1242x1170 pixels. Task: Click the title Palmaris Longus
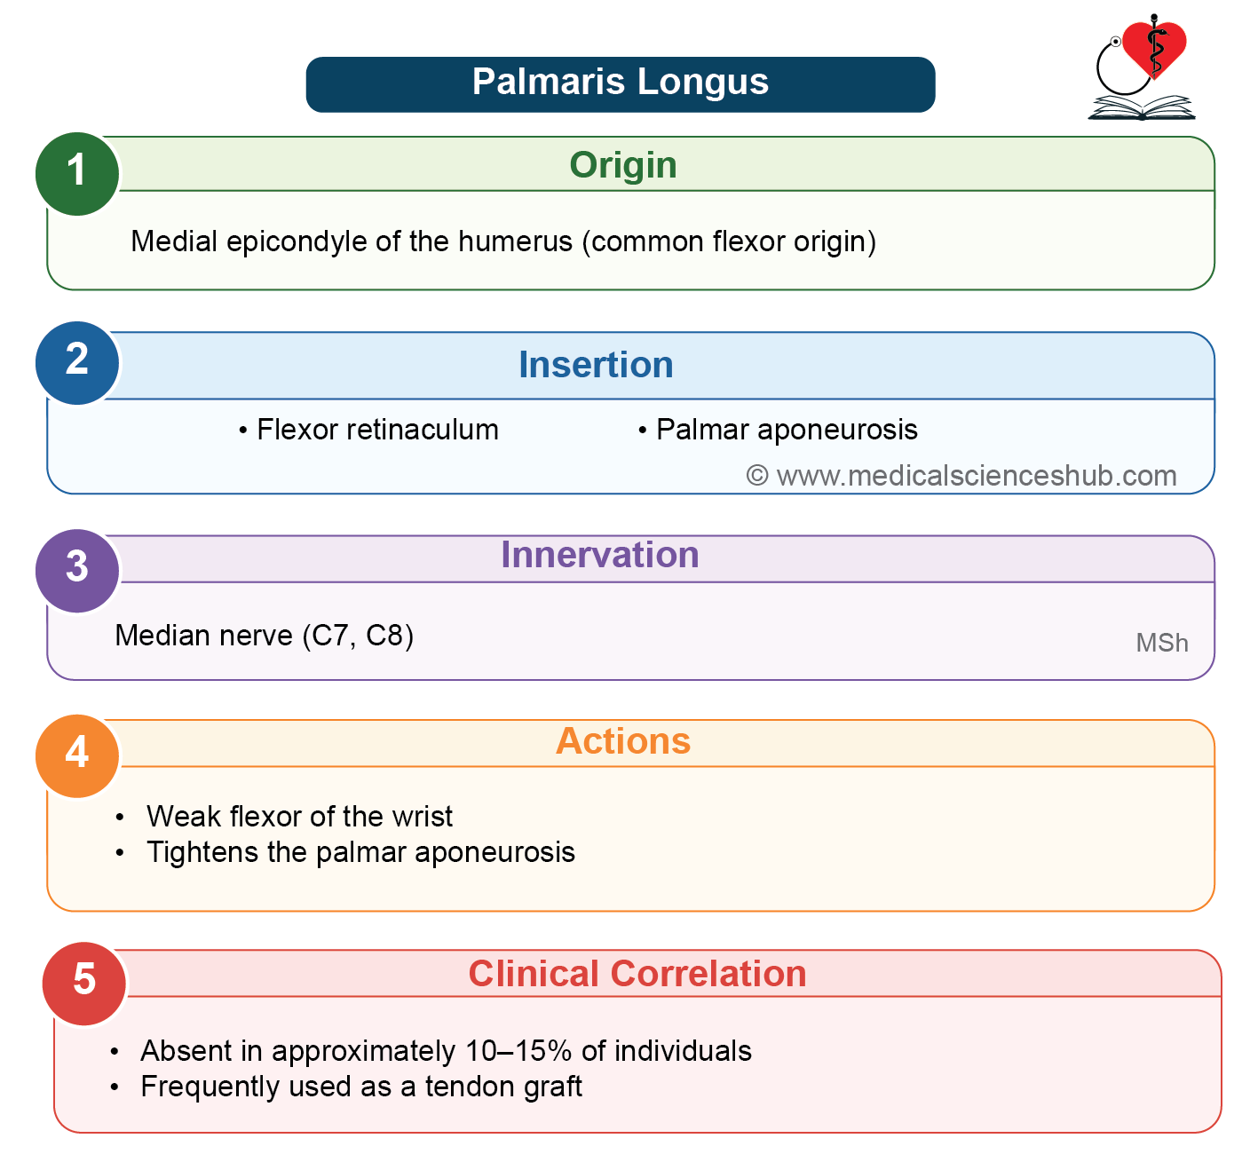click(x=620, y=82)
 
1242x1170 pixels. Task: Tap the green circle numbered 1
click(x=77, y=174)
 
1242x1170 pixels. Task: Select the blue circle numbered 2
click(x=77, y=363)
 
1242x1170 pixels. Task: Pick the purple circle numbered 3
click(x=77, y=570)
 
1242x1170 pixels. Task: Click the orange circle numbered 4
click(x=77, y=755)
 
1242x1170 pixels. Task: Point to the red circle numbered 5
click(x=83, y=983)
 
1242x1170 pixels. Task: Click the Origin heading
click(x=623, y=166)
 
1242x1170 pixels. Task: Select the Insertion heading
click(x=596, y=365)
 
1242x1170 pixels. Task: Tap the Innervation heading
click(x=600, y=555)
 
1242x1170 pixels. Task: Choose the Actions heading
click(x=623, y=741)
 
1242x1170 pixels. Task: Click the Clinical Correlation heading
click(x=637, y=974)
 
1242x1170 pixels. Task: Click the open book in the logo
click(x=1142, y=107)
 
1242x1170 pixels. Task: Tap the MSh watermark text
click(x=1162, y=643)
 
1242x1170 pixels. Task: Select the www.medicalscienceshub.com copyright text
click(x=961, y=476)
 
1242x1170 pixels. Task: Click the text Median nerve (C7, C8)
click(x=264, y=636)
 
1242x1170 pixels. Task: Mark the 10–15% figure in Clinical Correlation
click(x=518, y=1050)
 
